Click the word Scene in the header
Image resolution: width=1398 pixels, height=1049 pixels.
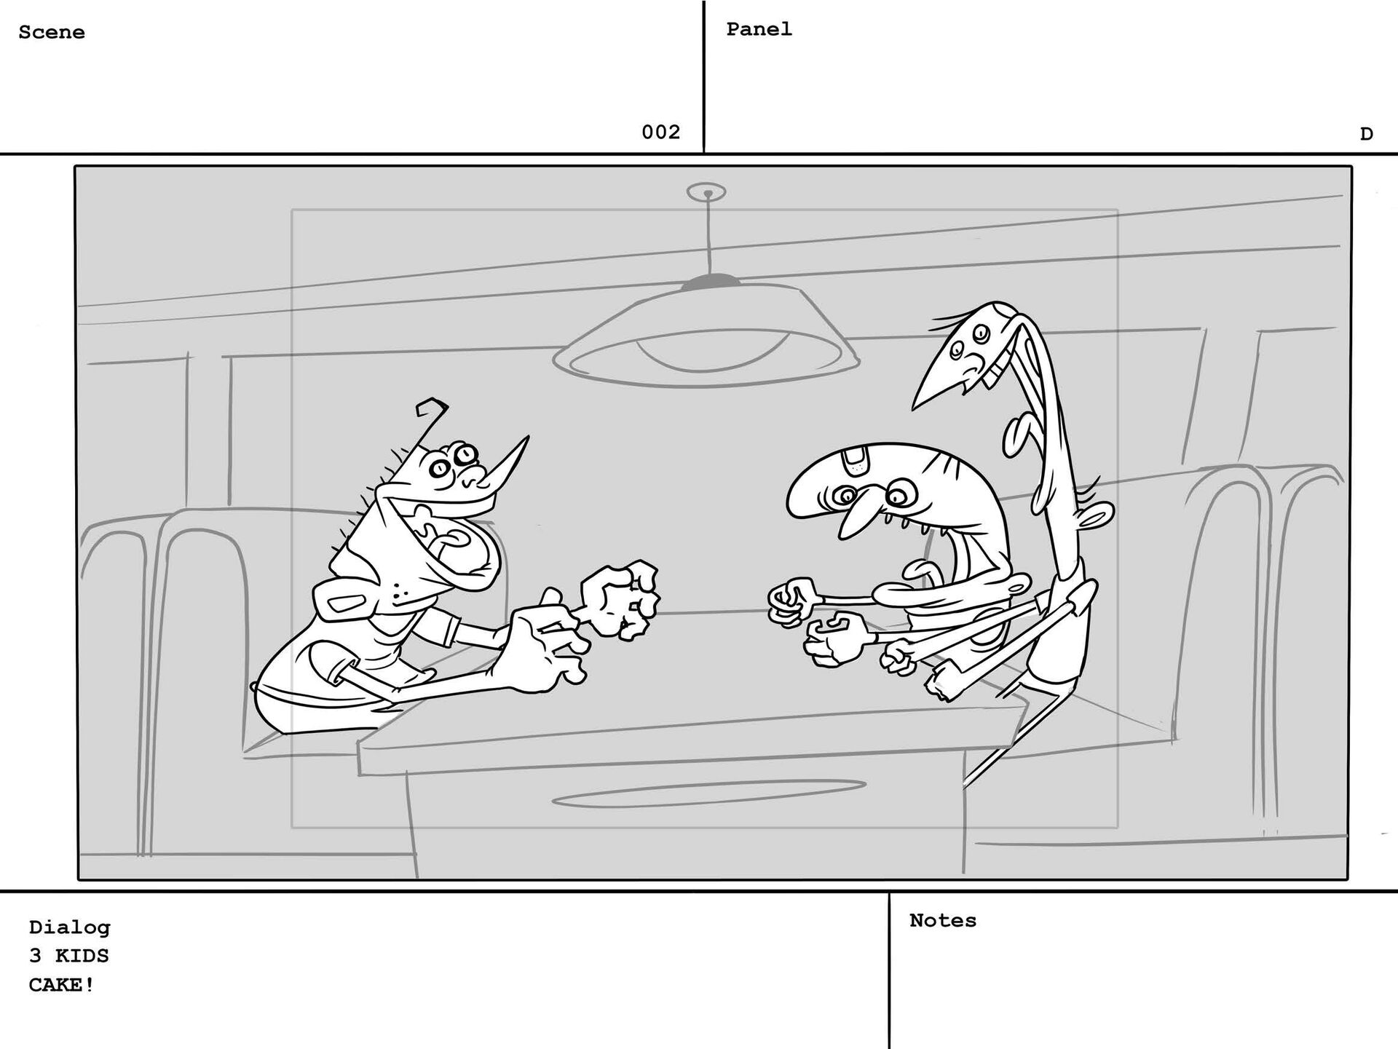coord(52,32)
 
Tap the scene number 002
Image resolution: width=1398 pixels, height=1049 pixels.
coord(660,132)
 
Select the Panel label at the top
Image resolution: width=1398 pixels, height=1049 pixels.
coord(759,29)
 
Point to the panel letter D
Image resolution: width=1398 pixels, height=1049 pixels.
coord(1366,134)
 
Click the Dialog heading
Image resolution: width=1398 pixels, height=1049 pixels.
coord(70,927)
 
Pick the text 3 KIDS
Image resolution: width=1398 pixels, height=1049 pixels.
coord(69,955)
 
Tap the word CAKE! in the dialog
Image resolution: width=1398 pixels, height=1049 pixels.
coord(62,985)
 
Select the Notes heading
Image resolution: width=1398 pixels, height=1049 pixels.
coord(943,920)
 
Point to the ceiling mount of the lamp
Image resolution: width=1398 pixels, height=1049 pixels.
coord(706,192)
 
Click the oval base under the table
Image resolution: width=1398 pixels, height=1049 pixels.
coord(708,793)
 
